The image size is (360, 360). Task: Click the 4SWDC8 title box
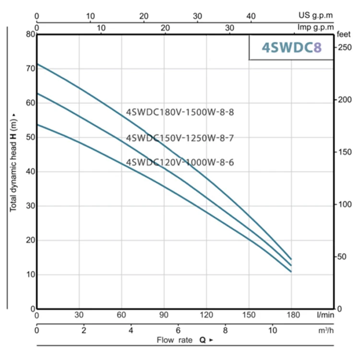click(x=291, y=48)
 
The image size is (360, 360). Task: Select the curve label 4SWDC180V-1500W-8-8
click(x=180, y=113)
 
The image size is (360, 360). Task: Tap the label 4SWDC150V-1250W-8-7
click(x=180, y=138)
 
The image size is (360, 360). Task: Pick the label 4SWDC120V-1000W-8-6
click(x=180, y=162)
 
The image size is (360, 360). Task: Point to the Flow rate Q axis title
click(x=181, y=340)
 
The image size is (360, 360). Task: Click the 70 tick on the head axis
click(x=30, y=69)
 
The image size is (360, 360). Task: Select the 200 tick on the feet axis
click(x=342, y=100)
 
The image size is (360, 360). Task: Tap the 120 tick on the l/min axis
click(x=206, y=315)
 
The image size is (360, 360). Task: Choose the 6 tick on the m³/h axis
click(x=178, y=331)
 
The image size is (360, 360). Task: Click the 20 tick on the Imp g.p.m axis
click(x=165, y=28)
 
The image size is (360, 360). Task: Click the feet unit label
click(x=343, y=35)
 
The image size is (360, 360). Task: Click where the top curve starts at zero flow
click(x=37, y=63)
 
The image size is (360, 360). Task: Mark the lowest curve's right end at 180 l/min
click(x=291, y=272)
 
